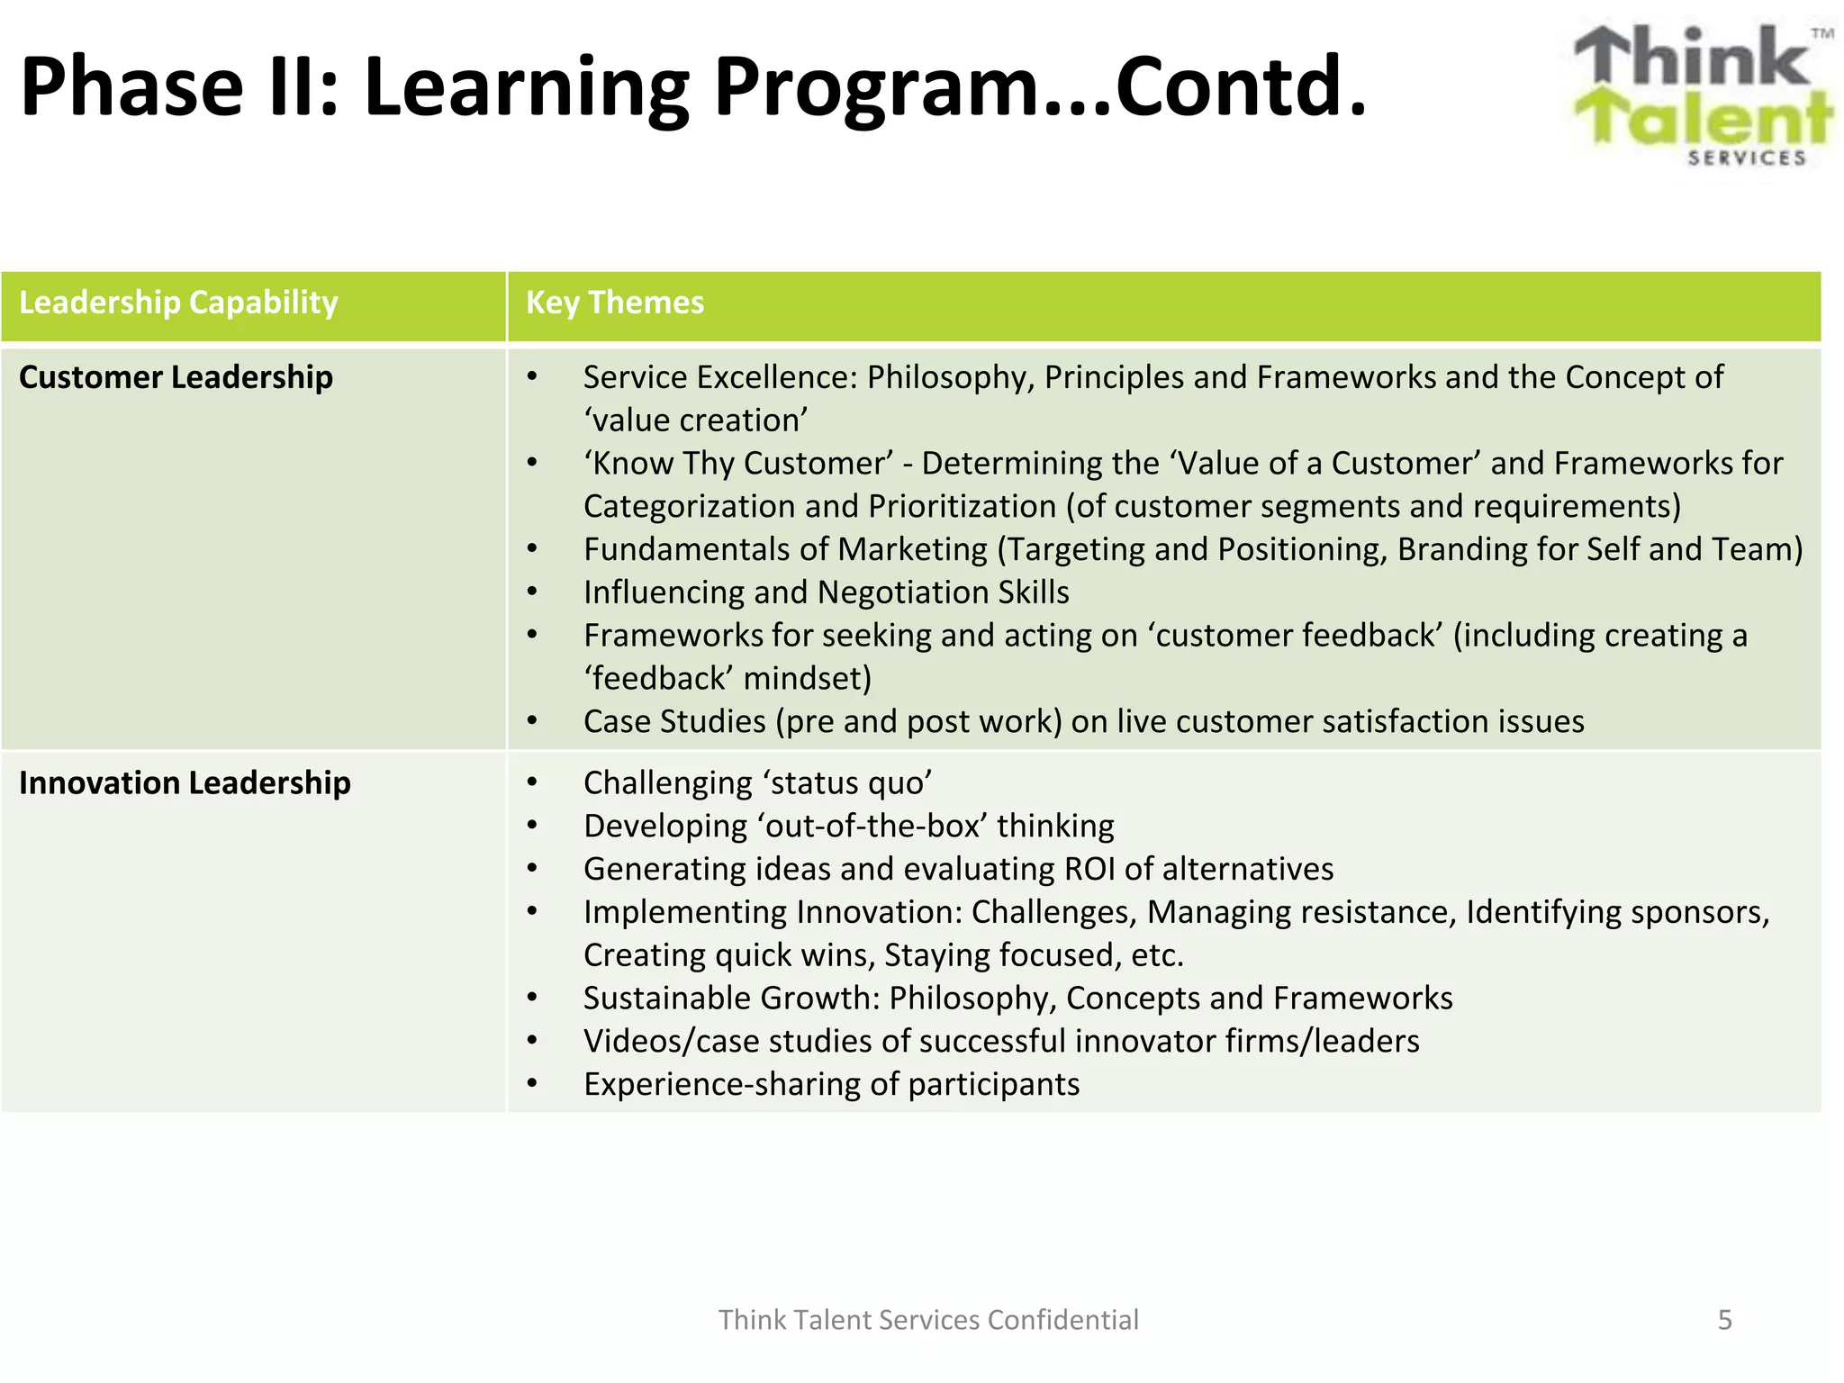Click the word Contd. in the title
click(x=1241, y=87)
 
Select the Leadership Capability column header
click(x=178, y=303)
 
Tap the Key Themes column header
click(x=614, y=303)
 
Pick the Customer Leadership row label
click(x=176, y=377)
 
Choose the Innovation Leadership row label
click(x=185, y=783)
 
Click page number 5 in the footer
click(x=1724, y=1320)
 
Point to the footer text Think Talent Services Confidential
click(x=928, y=1320)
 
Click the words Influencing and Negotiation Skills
click(x=826, y=592)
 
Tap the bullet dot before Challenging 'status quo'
click(x=532, y=782)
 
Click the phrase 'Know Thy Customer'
click(x=737, y=464)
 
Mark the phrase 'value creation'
click(x=695, y=420)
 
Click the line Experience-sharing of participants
click(x=831, y=1084)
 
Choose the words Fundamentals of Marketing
click(x=785, y=549)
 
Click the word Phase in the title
click(x=131, y=87)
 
